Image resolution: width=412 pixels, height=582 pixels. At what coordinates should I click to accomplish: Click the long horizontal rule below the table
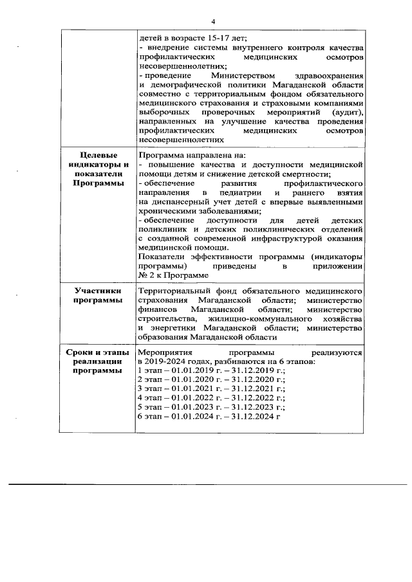tap(206, 483)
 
